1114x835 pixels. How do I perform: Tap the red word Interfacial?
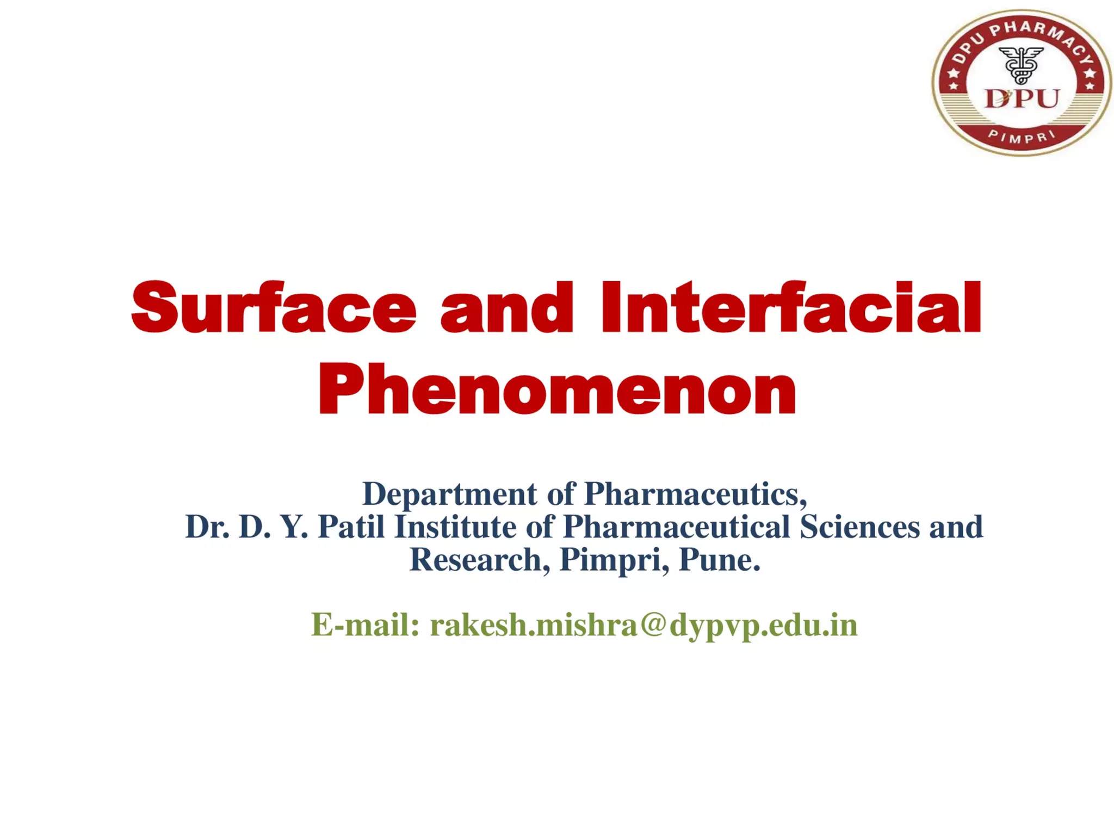[791, 307]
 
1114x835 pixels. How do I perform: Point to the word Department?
[449, 494]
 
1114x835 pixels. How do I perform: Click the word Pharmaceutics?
[695, 494]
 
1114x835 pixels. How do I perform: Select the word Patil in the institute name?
[351, 527]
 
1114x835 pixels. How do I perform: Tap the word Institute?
[455, 527]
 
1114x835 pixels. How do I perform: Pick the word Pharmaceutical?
[676, 527]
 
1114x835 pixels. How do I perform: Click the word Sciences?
[859, 527]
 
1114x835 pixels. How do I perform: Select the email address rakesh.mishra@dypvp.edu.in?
[643, 624]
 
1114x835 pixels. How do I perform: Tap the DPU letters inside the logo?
[1022, 99]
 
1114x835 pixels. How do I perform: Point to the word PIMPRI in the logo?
[1022, 137]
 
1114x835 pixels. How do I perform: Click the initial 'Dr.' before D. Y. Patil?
[207, 527]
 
